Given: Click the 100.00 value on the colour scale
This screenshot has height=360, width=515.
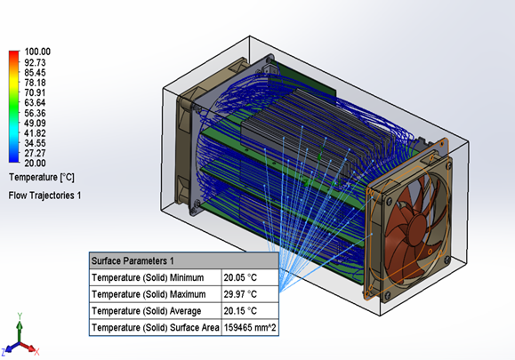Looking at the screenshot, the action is click(37, 52).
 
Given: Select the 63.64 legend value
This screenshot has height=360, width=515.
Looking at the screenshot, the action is click(35, 103).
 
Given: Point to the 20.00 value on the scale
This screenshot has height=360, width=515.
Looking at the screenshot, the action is click(35, 163).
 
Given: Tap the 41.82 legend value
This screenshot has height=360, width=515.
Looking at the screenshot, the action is click(35, 133).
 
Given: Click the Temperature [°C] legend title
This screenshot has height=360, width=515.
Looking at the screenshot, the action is click(42, 178).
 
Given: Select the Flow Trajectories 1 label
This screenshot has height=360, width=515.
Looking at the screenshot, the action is click(44, 196).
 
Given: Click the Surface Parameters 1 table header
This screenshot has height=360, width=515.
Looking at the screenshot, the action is click(133, 261).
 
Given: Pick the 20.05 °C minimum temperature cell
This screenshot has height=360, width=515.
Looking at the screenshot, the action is click(240, 277).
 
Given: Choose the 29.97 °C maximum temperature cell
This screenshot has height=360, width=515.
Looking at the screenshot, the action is click(240, 294).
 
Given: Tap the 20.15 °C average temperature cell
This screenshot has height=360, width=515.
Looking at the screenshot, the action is click(240, 311).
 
